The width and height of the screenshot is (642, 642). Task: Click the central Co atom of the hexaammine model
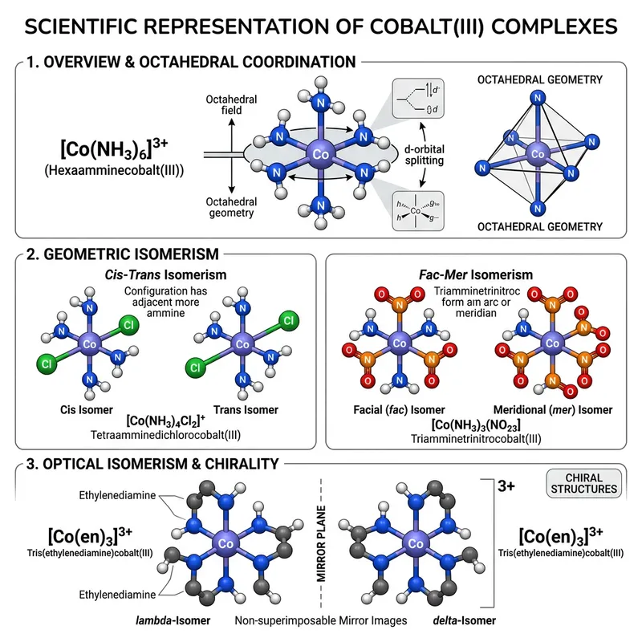tap(320, 153)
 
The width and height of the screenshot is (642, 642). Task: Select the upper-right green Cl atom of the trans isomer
tap(287, 323)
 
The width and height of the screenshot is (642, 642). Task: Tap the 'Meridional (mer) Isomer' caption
tap(555, 410)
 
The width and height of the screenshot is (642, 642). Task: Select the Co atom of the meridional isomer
tap(551, 344)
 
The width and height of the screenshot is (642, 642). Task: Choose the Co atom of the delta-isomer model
tap(416, 544)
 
